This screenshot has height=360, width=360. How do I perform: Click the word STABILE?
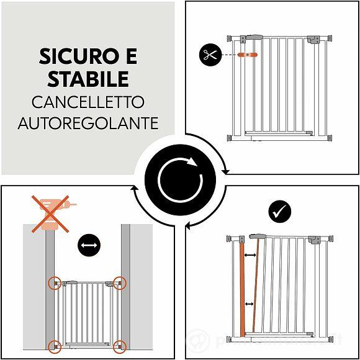point(88,79)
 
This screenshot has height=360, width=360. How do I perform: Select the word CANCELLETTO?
point(88,101)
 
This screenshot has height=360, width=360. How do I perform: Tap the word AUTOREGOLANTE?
point(88,123)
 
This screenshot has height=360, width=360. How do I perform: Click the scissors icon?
point(210,55)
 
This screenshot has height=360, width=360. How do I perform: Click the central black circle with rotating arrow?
point(179,180)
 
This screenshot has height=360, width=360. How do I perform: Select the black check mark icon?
point(279,211)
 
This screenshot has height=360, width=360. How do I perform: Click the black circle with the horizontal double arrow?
point(89,246)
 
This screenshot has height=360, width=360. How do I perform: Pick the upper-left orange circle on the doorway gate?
point(55,283)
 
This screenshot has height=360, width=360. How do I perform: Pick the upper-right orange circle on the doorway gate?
point(120,283)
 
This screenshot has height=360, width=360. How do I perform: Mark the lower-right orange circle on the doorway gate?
point(120,346)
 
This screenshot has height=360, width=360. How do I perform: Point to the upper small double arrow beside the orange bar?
point(250,255)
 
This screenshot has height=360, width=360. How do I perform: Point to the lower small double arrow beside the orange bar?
point(250,304)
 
